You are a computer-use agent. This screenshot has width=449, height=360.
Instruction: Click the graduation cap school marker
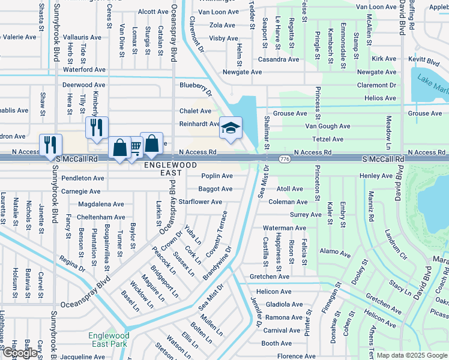pos(231,128)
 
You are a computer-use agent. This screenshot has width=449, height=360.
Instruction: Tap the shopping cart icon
pos(135,146)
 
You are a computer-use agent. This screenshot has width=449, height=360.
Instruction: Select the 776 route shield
pos(285,158)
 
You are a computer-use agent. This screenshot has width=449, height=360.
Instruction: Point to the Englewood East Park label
pos(107,340)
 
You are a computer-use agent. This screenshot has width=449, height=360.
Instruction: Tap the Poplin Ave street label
pos(217,176)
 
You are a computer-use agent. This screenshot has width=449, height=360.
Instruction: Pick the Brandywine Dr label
pos(217,263)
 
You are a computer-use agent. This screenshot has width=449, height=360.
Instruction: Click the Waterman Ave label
pos(285,228)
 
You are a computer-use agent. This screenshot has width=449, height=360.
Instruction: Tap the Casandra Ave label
pos(279,59)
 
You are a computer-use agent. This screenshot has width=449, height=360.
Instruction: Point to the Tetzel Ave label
pos(328,139)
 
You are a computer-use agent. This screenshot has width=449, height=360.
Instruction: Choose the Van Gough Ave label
pos(327,126)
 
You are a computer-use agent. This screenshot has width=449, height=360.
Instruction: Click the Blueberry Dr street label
pos(196,88)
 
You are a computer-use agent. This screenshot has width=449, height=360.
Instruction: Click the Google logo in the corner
pos(20,353)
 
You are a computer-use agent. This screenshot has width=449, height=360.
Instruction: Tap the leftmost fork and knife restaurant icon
pos(50,144)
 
